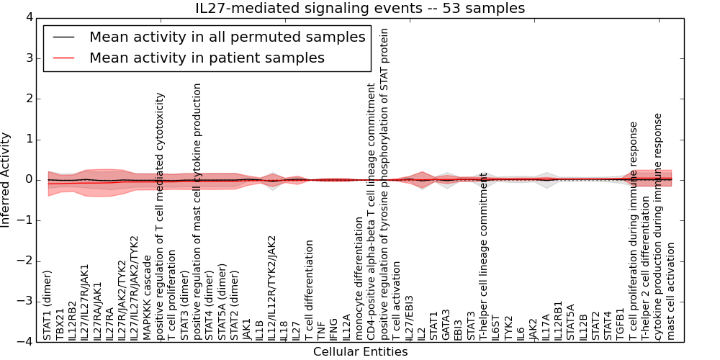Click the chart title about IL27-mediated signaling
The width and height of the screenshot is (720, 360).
click(360, 8)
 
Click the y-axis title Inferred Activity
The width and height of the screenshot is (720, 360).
click(6, 179)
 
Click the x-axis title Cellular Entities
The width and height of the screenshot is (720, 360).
click(360, 352)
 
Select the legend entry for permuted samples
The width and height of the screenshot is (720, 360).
click(227, 37)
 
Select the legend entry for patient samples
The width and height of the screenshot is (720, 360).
click(207, 58)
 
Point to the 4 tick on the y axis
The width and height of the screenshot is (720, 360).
click(28, 17)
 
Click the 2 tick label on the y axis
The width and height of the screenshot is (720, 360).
click(28, 99)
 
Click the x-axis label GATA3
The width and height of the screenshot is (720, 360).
click(446, 323)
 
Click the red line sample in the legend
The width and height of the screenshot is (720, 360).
click(63, 58)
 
